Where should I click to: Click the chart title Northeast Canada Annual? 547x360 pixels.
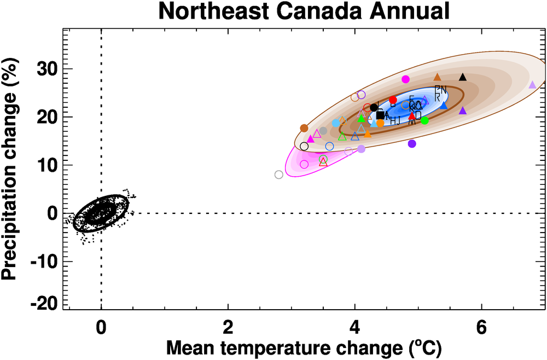304,11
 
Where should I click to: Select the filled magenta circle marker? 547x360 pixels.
405,79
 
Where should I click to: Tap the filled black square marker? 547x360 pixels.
380,115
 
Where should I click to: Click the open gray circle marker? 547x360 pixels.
279,175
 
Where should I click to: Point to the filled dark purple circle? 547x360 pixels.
412,144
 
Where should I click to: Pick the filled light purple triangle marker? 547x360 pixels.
532,85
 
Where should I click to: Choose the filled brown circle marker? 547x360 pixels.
304,128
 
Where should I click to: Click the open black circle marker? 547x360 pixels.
304,146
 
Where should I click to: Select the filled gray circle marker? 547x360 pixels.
323,131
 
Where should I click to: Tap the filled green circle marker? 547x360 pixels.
424,120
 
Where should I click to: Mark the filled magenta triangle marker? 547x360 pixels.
311,139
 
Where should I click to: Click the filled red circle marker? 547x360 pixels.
393,100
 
